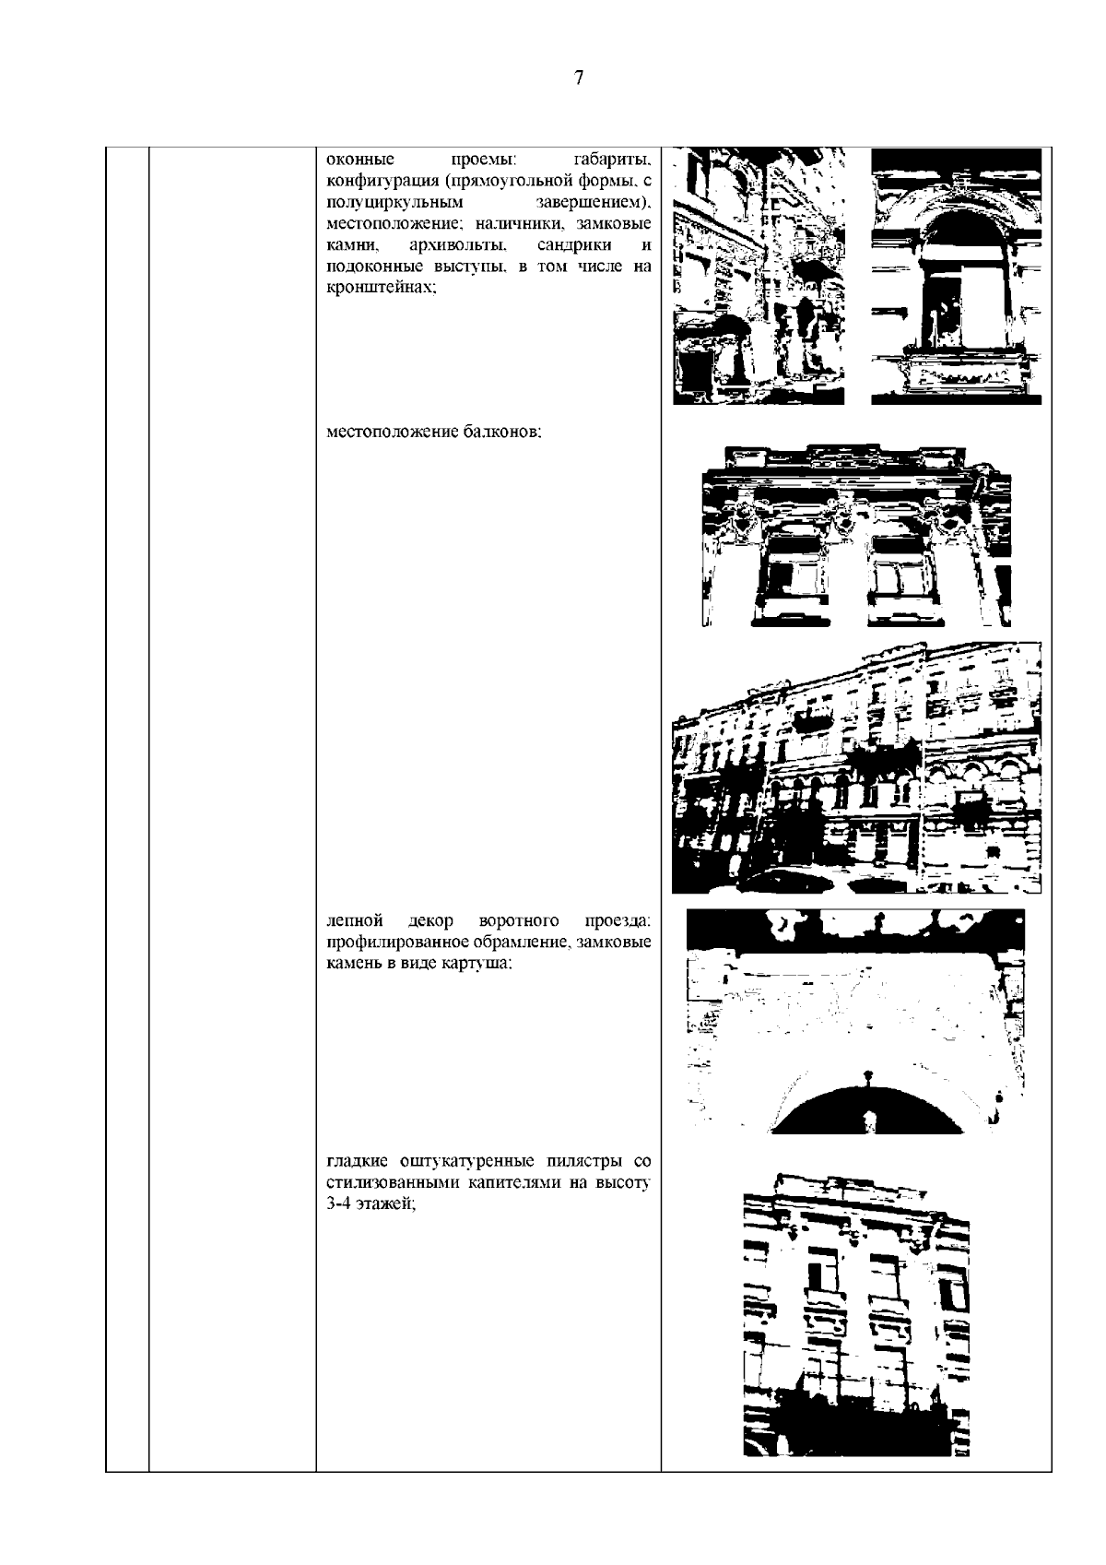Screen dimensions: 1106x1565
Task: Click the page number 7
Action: (x=579, y=77)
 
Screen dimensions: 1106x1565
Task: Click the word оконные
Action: (x=361, y=160)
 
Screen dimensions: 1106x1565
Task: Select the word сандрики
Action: (x=574, y=245)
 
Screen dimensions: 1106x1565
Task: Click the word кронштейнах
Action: (x=382, y=288)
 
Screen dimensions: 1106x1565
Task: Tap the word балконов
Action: (x=501, y=432)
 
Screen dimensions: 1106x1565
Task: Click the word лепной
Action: (x=355, y=921)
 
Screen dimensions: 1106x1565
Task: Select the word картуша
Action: (x=477, y=964)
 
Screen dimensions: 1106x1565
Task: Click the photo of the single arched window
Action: (x=956, y=276)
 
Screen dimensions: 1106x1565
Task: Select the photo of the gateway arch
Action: (x=856, y=1020)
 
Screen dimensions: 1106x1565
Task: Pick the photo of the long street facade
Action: (x=856, y=768)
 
